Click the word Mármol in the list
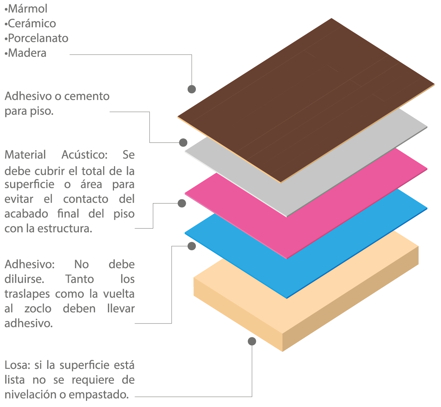pos(28,9)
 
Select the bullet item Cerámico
pos(32,23)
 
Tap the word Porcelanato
pos(38,38)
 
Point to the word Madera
pos(27,53)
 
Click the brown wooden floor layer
pos(306,101)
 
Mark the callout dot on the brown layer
pos(191,89)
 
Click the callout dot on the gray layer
pos(183,143)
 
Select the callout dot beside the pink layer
pos(182,203)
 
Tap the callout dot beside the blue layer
pos(191,246)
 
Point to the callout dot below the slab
pos(252,342)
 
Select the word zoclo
pos(38,309)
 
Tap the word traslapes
pos(27,294)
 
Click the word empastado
pos(99,395)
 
